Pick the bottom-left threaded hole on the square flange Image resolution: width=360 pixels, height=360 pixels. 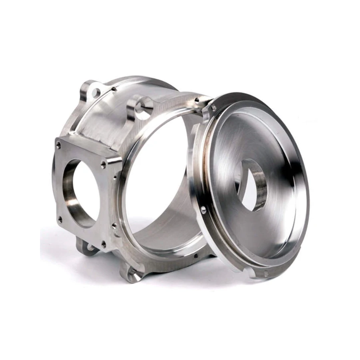tap(60, 219)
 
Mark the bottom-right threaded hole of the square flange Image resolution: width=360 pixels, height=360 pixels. tap(104, 243)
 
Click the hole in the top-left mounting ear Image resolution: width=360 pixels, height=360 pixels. tap(95, 93)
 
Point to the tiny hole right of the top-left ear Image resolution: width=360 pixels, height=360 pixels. tap(114, 89)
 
